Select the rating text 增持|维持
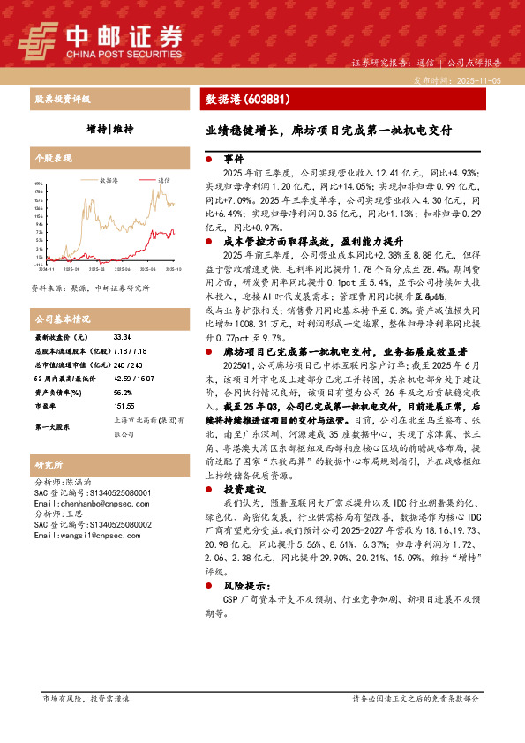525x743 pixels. (x=109, y=129)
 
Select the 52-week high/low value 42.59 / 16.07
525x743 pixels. (x=134, y=378)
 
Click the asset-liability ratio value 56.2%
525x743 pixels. (x=123, y=391)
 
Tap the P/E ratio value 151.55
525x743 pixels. (x=124, y=405)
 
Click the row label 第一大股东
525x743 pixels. (x=52, y=427)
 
